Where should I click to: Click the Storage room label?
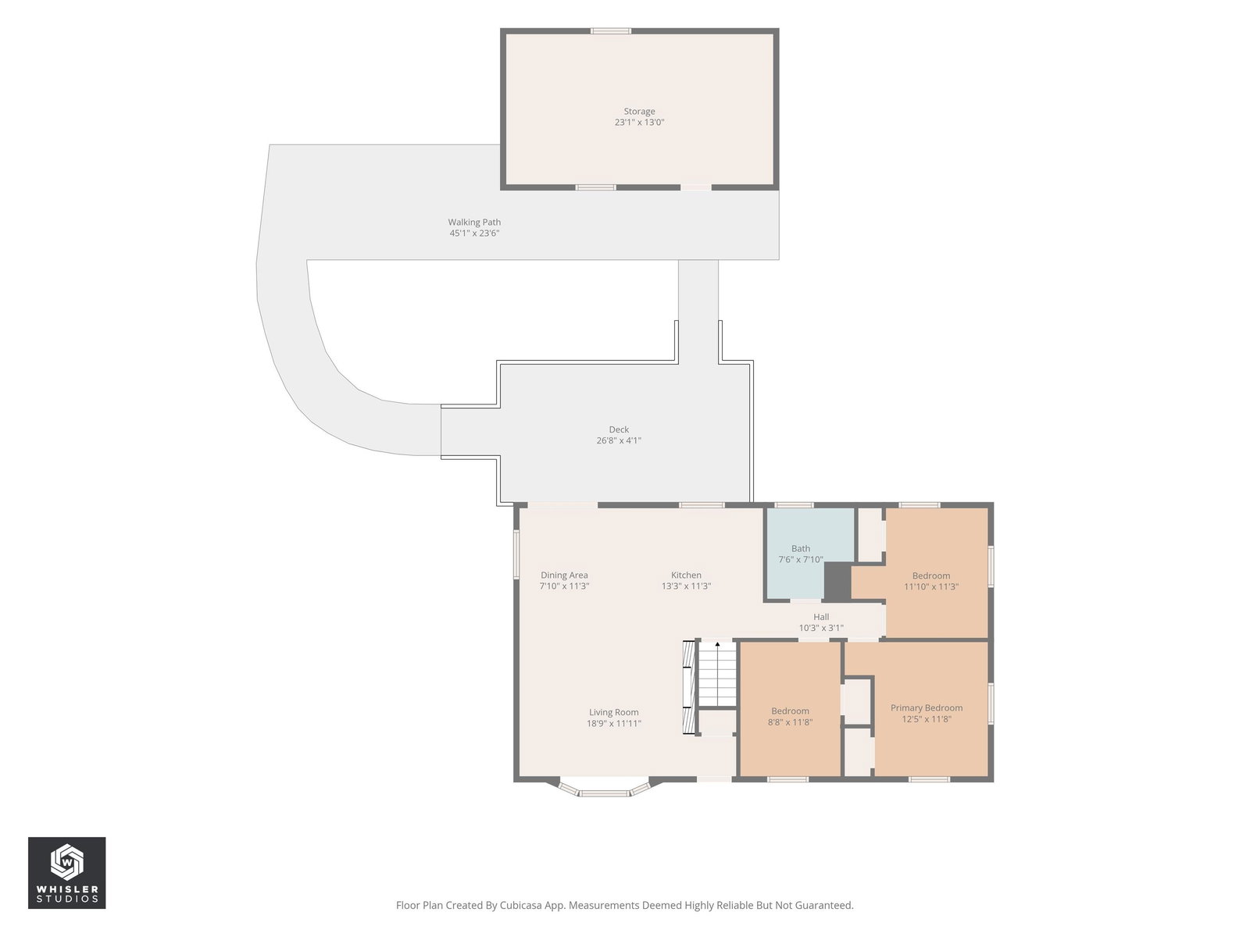pos(639,112)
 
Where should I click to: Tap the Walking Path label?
pos(473,223)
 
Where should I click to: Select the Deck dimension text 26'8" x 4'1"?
pos(619,440)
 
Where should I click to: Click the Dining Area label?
pos(564,575)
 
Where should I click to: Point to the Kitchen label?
pos(686,575)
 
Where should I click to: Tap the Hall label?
pos(820,617)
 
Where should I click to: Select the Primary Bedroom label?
pos(926,707)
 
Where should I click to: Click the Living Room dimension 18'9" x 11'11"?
pos(614,723)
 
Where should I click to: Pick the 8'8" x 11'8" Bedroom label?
pos(790,711)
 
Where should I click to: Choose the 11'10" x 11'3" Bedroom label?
pos(931,575)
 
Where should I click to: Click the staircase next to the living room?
pos(717,674)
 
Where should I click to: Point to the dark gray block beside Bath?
pos(837,581)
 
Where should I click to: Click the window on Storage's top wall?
pos(610,30)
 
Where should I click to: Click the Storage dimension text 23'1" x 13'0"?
pos(639,123)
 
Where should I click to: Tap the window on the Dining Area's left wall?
pos(517,554)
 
